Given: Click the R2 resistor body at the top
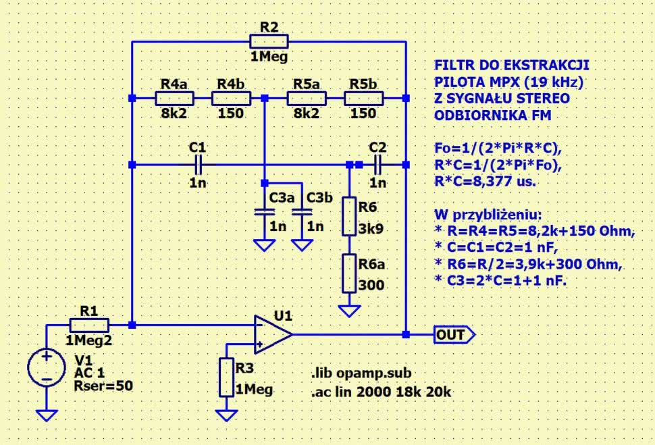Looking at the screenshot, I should click(269, 42).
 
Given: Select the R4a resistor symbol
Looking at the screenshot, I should click(174, 99).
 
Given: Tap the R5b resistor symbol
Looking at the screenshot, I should click(363, 99).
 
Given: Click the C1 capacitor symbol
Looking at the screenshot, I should click(198, 164).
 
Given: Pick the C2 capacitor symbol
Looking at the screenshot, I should click(377, 164).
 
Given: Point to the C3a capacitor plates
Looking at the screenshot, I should click(264, 211).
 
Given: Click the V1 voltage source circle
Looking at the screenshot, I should click(46, 368).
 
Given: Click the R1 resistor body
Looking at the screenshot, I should click(89, 325).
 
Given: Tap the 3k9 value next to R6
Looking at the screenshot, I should click(371, 228).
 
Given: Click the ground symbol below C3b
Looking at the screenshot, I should click(302, 244).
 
